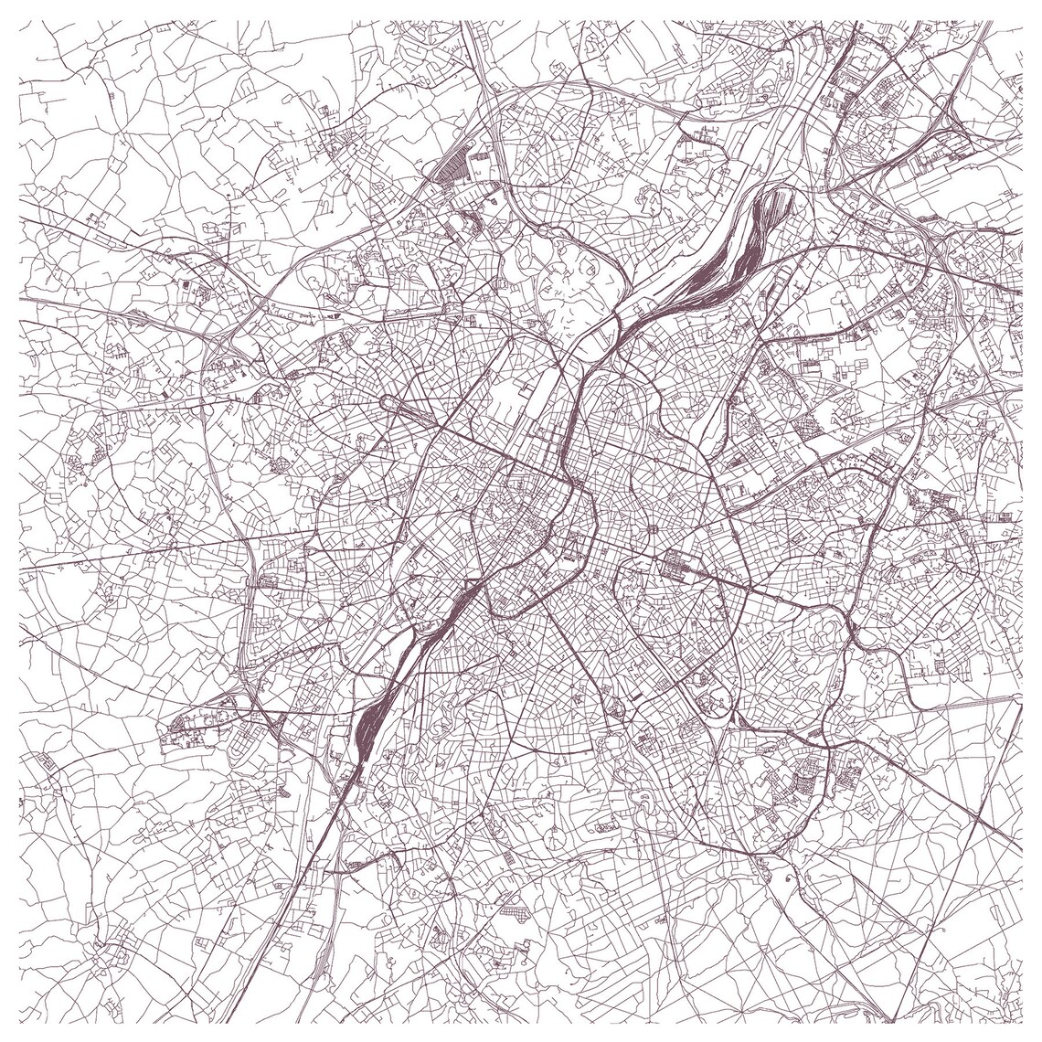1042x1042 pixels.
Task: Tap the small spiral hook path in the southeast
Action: point(788,876)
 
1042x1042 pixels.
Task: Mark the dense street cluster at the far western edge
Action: point(37,768)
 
